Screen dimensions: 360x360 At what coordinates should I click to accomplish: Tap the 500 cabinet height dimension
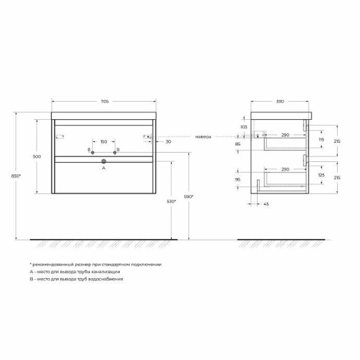pyautogui.click(x=38, y=156)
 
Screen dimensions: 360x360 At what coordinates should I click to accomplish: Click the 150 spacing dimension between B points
pyautogui.click(x=104, y=142)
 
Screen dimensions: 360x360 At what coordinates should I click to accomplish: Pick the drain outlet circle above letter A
pyautogui.click(x=104, y=161)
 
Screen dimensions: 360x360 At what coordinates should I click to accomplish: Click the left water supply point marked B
pyautogui.click(x=92, y=151)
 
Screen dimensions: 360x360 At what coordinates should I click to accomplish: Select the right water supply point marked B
pyautogui.click(x=115, y=151)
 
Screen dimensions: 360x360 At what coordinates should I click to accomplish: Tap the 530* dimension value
pyautogui.click(x=170, y=201)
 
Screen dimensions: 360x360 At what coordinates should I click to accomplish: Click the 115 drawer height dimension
pyautogui.click(x=320, y=140)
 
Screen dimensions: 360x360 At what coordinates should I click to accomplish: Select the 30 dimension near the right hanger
pyautogui.click(x=168, y=142)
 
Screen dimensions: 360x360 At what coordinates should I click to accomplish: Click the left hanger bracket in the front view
pyautogui.click(x=61, y=136)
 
